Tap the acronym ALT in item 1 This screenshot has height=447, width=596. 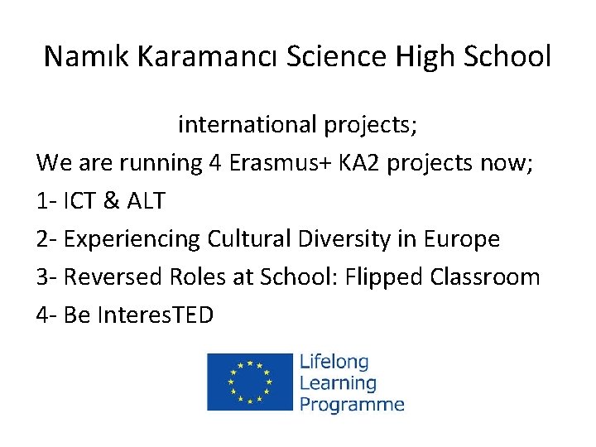pos(147,201)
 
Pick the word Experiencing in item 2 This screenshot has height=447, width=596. pos(131,240)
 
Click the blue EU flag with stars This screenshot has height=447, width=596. pos(250,382)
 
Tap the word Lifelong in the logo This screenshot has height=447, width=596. pos(334,363)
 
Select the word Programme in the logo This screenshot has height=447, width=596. pos(352,404)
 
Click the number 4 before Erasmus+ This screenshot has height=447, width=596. pos(214,163)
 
